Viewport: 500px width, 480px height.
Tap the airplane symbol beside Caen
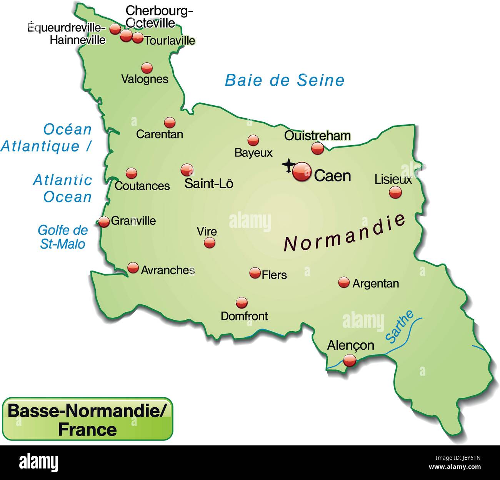coord(288,166)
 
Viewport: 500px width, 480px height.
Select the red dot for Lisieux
coord(395,192)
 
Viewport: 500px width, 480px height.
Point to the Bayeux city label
coord(253,153)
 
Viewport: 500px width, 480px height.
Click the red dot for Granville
coord(104,222)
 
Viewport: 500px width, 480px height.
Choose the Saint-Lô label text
coord(209,183)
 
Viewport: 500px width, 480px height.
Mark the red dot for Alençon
coord(350,360)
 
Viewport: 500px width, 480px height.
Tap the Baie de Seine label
coord(284,80)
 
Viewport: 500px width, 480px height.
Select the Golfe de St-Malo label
coord(63,237)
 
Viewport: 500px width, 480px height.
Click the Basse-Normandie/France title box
coord(88,419)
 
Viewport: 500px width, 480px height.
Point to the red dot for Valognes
coord(147,68)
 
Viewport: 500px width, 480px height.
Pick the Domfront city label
coord(244,316)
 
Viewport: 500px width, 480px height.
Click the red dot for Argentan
coord(344,282)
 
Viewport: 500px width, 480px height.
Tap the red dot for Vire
coord(210,242)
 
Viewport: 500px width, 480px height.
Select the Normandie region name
coord(344,233)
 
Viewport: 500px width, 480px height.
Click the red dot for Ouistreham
coord(317,148)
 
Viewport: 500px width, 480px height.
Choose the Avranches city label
coord(168,270)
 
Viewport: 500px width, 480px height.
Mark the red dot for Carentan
coord(170,123)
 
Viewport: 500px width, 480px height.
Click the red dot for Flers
coord(255,273)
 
